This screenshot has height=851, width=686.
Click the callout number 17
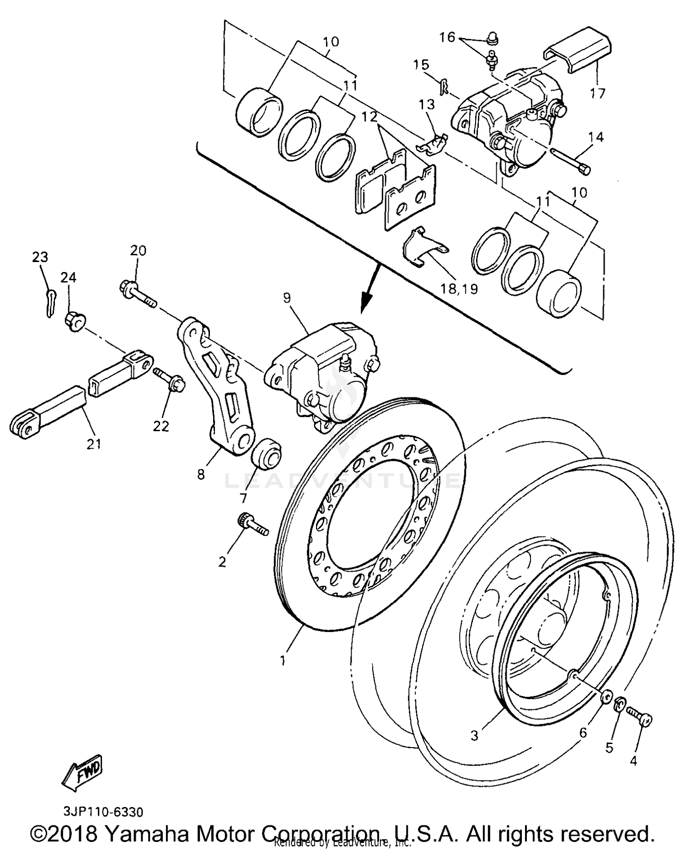tap(597, 93)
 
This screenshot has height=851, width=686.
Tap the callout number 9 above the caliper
tap(287, 298)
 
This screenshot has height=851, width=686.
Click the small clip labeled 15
tap(443, 86)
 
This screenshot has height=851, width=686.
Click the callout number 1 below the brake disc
tap(283, 660)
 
